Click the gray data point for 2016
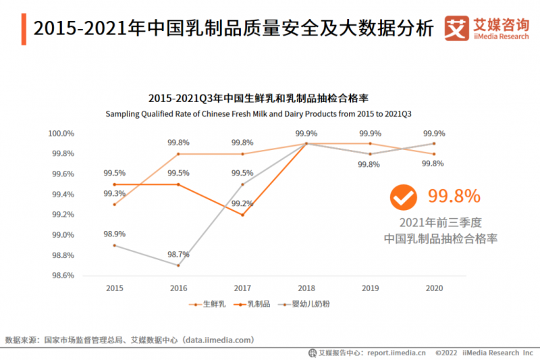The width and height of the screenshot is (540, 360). pos(178,265)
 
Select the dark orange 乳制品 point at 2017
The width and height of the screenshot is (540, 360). pos(242,215)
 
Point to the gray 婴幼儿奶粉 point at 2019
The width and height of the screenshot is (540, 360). pos(370,154)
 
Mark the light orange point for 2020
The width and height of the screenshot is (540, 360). pos(434,154)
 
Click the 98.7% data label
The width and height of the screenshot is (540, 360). pos(178,255)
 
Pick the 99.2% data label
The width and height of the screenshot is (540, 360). pos(242,203)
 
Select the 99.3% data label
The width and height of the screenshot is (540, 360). pos(113,194)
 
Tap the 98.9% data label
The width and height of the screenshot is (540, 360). pos(113,234)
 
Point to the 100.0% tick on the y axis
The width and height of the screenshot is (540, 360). pos(61,134)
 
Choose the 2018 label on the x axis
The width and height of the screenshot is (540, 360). pos(306,288)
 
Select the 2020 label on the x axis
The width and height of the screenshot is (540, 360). pos(434,288)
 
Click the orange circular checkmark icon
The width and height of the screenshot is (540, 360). pos(404,197)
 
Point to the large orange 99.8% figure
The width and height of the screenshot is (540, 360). pos(454,197)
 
